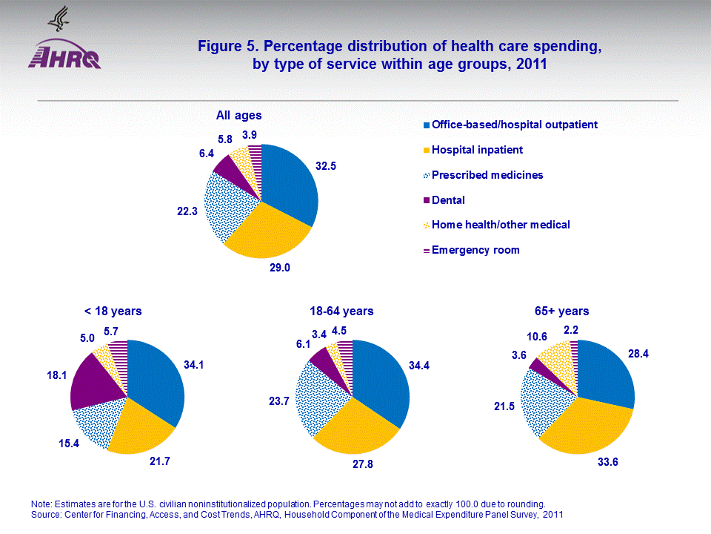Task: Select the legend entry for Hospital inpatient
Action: tap(477, 150)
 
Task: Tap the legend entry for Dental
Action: tap(448, 200)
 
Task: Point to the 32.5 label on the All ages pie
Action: tap(326, 167)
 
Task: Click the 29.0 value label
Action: tap(280, 268)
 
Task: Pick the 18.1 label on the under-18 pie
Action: tap(49, 376)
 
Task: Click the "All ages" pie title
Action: tap(238, 115)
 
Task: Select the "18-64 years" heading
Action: tap(341, 311)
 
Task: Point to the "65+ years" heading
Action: tap(561, 311)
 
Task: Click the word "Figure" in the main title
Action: tap(219, 47)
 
